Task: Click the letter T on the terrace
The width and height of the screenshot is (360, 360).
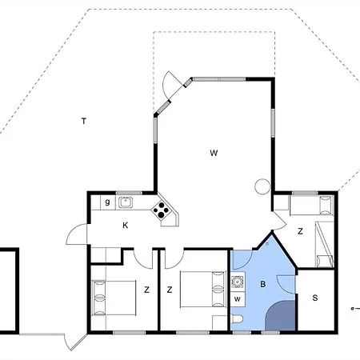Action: [84, 121]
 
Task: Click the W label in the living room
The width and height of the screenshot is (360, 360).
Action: [214, 153]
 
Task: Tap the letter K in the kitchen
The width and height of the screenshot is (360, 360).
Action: [125, 226]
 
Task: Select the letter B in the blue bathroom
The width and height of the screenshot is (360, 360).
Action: [263, 284]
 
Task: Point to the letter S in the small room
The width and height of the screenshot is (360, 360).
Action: [315, 298]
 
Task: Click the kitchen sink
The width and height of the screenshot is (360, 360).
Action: [126, 202]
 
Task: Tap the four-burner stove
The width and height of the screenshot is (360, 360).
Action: [161, 210]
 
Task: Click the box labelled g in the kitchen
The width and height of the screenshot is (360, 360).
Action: [107, 202]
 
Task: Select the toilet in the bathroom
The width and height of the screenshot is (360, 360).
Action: [237, 319]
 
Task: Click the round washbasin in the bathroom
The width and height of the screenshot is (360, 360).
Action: [237, 281]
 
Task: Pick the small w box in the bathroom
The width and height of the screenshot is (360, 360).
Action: [238, 299]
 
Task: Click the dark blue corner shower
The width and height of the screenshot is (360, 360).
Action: [281, 316]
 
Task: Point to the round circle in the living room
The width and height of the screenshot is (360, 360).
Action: [262, 186]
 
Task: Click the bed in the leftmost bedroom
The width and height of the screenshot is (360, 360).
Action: [114, 298]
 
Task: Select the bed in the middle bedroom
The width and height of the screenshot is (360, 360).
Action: [203, 290]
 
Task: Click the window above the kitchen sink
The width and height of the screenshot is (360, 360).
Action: [129, 193]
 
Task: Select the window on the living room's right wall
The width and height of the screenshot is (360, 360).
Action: [273, 122]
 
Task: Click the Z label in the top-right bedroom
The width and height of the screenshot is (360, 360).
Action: [300, 231]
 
